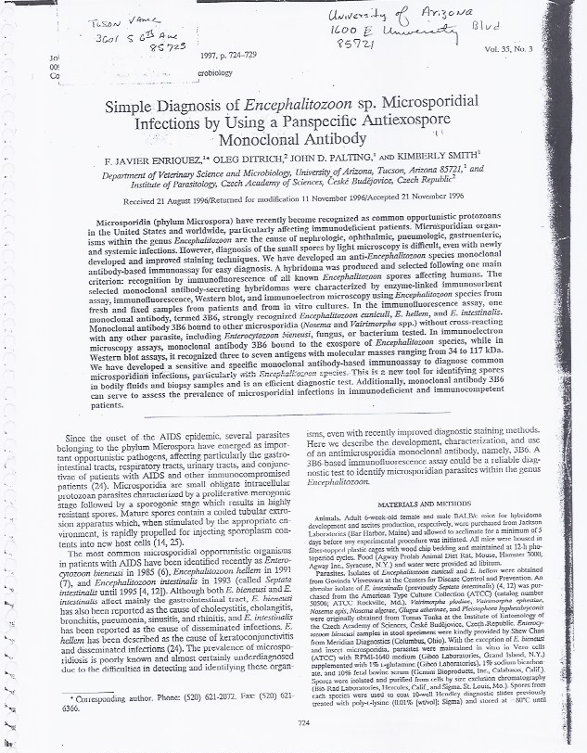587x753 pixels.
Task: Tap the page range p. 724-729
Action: [236, 56]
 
